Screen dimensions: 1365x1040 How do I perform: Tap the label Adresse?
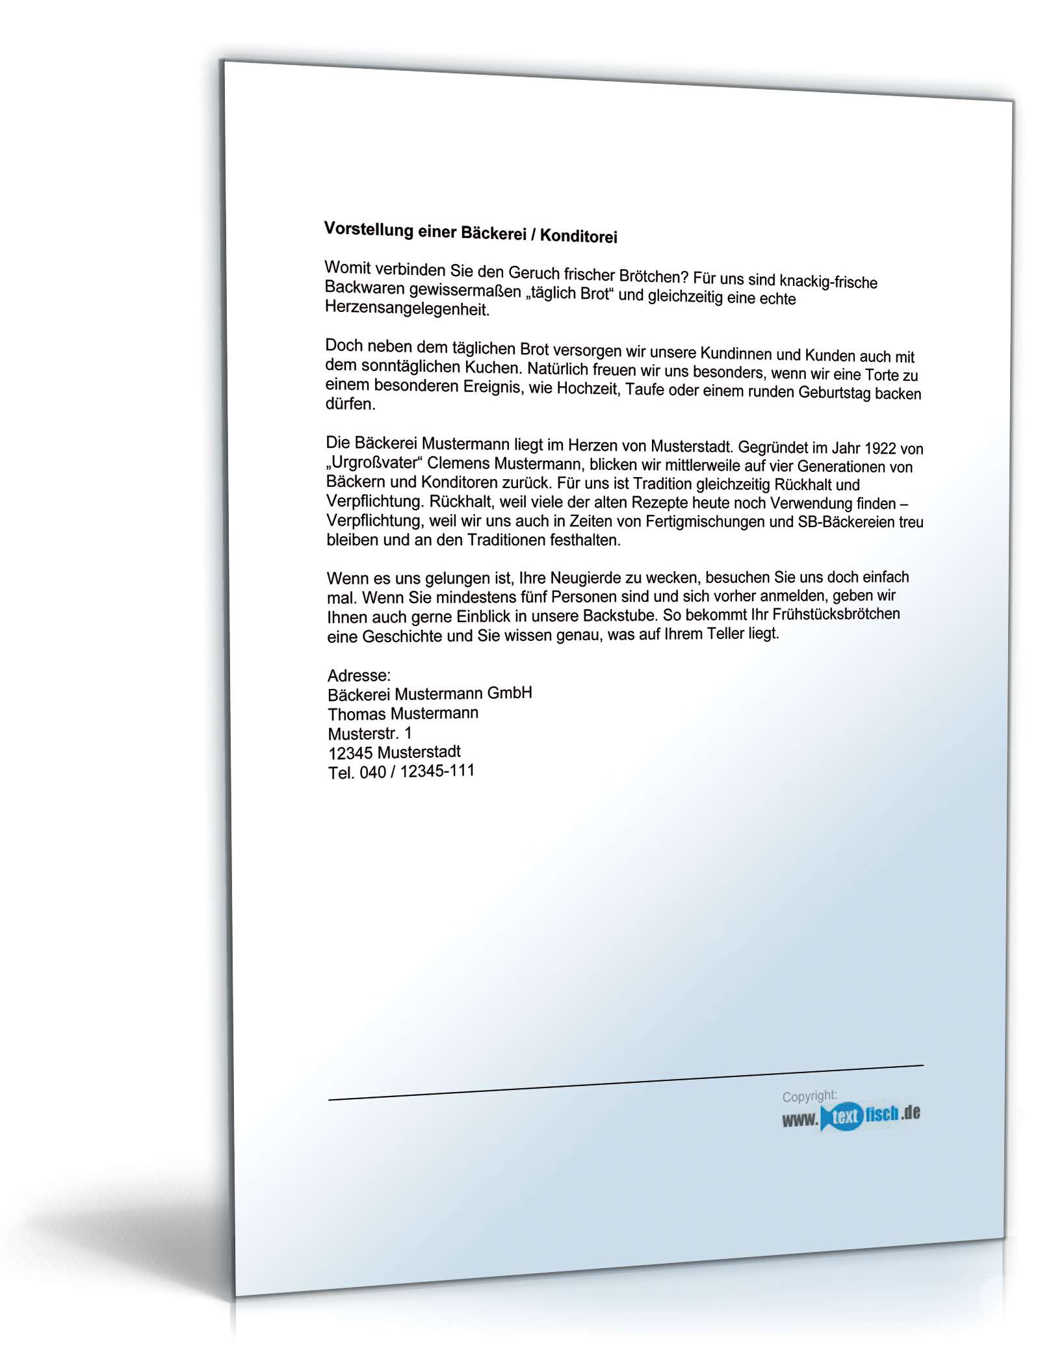pos(359,675)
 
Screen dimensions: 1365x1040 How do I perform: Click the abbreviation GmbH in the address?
pos(510,693)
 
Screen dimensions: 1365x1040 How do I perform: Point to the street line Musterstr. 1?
pos(370,733)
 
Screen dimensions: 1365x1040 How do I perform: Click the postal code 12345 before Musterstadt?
pos(350,753)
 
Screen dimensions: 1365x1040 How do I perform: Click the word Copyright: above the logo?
pos(809,1097)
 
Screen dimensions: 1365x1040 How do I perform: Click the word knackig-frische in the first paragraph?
pos(828,281)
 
